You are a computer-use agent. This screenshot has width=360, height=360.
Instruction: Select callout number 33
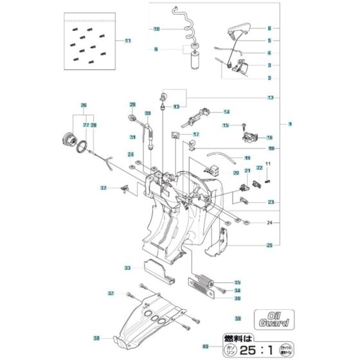[127, 267]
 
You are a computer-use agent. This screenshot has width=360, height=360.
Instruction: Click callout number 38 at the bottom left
[96, 338]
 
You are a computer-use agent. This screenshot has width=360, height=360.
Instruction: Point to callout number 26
[83, 105]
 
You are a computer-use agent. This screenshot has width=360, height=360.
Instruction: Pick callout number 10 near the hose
[156, 29]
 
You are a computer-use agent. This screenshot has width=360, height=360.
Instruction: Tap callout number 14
[208, 111]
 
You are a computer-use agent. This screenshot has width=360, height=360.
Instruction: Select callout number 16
[269, 138]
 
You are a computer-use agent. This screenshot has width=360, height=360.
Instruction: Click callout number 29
[132, 105]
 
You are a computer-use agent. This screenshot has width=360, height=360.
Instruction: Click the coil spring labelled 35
[203, 282]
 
